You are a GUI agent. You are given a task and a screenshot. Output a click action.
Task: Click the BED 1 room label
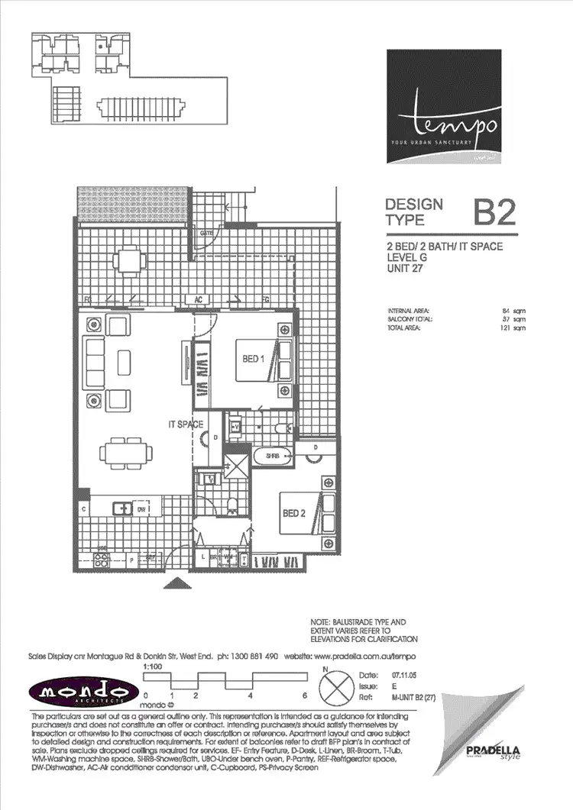pos(253,358)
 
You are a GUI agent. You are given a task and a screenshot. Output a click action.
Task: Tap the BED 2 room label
pos(294,513)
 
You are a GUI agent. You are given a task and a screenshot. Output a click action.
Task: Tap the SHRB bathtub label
pos(272,456)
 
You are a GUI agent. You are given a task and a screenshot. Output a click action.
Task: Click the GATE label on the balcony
pos(206,233)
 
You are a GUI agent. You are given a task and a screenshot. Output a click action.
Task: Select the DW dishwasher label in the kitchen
pos(141,507)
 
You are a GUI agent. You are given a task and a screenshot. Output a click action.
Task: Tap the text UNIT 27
pos(406,268)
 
